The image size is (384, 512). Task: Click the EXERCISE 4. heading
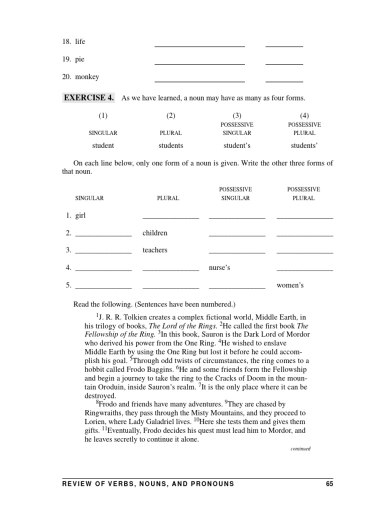pyautogui.click(x=88, y=97)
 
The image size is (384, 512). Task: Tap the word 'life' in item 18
pyautogui.click(x=80, y=42)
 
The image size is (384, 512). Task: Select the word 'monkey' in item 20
pyautogui.click(x=87, y=77)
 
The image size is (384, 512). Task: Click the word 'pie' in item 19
pyautogui.click(x=79, y=59)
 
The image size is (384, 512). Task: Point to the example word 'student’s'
pyautogui.click(x=237, y=145)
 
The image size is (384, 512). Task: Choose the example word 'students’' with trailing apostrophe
pyautogui.click(x=304, y=145)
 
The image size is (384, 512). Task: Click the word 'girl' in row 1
pyautogui.click(x=81, y=215)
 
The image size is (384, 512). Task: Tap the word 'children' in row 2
pyautogui.click(x=154, y=233)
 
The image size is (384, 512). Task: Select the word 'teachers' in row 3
pyautogui.click(x=154, y=250)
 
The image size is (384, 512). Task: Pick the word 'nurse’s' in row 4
pyautogui.click(x=219, y=268)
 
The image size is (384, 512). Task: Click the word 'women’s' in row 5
pyautogui.click(x=290, y=285)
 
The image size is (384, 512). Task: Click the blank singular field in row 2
pyautogui.click(x=103, y=234)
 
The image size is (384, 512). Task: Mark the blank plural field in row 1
pyautogui.click(x=170, y=217)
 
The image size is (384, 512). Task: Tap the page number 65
pyautogui.click(x=328, y=483)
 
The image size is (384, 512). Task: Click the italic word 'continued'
pyautogui.click(x=300, y=448)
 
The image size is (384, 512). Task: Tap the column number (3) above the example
pyautogui.click(x=237, y=115)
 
